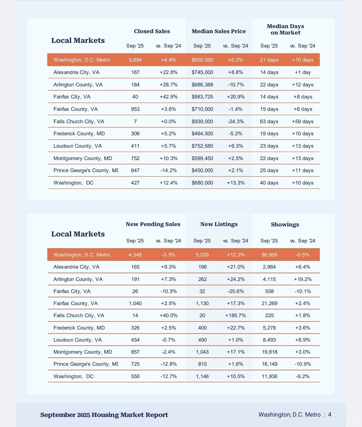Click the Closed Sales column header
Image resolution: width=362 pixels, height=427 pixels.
152,31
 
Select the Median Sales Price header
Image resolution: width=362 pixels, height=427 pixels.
219,31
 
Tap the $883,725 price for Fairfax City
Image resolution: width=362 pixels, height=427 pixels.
202,97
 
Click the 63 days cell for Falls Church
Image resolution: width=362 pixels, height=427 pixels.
269,122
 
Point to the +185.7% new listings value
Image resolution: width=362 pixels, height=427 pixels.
236,315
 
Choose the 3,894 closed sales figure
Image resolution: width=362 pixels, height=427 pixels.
135,60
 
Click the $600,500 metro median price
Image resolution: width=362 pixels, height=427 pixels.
202,60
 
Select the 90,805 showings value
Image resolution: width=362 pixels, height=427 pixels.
269,255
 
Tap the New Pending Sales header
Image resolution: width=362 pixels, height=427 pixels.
153,224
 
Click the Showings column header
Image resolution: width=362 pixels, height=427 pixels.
285,225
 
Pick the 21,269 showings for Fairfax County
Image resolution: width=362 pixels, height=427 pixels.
269,303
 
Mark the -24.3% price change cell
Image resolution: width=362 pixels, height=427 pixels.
236,122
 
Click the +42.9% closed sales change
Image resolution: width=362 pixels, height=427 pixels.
169,97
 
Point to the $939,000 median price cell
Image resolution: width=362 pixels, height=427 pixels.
202,122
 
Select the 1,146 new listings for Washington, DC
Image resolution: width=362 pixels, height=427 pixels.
202,376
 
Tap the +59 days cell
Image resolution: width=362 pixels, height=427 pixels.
303,122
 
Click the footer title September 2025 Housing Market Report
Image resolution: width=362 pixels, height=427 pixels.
104,415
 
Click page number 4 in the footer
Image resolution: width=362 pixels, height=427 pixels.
330,415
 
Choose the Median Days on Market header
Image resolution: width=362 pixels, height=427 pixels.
286,29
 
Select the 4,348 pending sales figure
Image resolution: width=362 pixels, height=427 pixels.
135,255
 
